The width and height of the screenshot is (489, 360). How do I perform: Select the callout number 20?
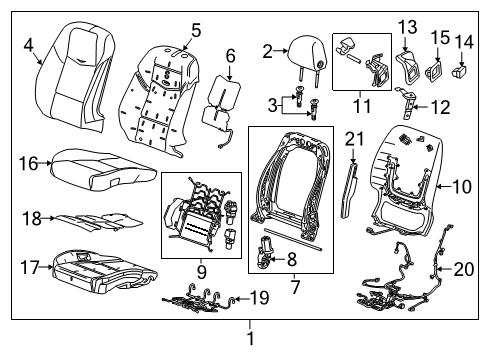[x=461, y=268]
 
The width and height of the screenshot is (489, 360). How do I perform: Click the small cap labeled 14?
[x=461, y=71]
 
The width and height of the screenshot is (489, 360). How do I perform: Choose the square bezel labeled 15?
[x=436, y=71]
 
